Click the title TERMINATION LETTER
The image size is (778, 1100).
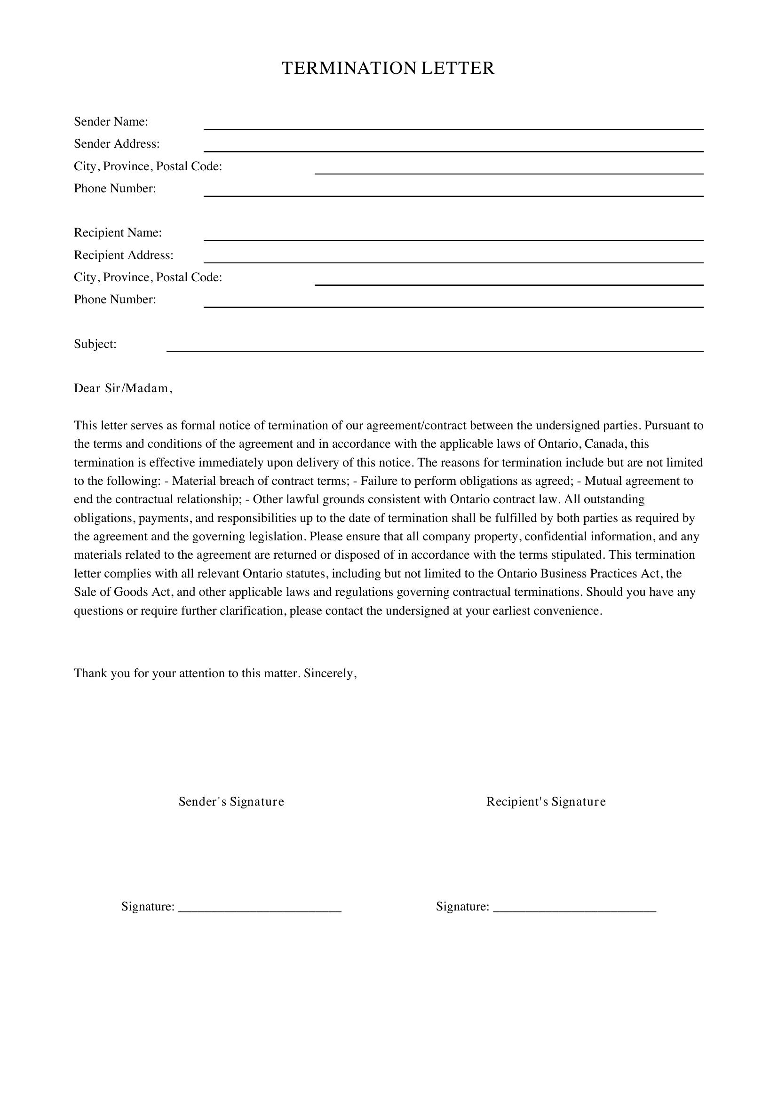click(388, 69)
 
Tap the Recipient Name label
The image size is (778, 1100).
click(118, 232)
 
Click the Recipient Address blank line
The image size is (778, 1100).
click(453, 260)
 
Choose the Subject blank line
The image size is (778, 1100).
click(435, 349)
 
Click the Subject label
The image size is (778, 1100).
click(95, 344)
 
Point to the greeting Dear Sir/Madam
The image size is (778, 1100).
click(123, 388)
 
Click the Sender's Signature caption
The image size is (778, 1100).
click(231, 801)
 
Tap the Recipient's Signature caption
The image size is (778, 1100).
click(546, 801)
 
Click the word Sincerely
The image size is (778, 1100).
click(330, 673)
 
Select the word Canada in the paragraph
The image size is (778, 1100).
click(604, 443)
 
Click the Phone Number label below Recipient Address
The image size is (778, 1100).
click(115, 300)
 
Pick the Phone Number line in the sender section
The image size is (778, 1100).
click(453, 193)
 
